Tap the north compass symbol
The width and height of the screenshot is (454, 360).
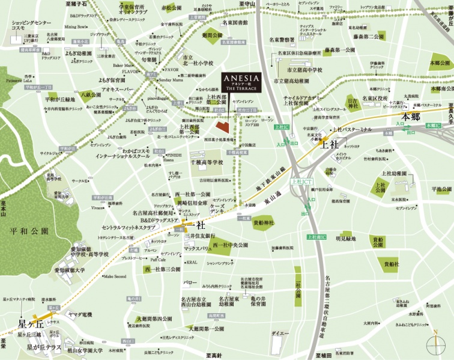435,343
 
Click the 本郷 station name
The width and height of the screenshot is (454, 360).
414,116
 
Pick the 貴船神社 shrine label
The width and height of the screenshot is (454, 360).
263,223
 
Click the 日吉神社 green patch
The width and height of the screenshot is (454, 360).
353,102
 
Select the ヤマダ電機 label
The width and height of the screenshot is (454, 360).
80,314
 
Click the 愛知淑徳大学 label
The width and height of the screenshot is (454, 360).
70,270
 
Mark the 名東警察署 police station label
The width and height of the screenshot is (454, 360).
281,40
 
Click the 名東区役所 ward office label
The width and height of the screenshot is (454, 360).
376,97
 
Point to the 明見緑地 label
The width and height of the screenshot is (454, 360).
346,239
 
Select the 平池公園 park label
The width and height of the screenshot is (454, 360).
441,189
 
